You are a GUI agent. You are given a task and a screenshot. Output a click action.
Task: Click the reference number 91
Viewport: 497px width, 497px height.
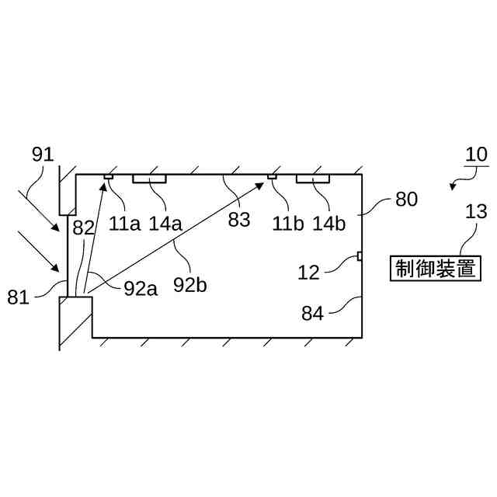(43, 154)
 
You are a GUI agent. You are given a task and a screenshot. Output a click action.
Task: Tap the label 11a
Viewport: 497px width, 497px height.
(124, 224)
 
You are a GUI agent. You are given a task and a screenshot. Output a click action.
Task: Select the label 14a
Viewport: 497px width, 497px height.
(165, 224)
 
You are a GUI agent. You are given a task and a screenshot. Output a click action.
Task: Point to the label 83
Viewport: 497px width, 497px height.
(239, 220)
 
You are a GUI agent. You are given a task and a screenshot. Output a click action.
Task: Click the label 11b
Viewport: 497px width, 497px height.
(288, 224)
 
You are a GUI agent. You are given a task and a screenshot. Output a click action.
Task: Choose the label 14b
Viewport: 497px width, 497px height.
(329, 224)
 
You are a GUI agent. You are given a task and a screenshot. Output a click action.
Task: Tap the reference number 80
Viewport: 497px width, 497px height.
(406, 199)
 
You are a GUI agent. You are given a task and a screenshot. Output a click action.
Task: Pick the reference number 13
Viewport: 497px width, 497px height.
(476, 210)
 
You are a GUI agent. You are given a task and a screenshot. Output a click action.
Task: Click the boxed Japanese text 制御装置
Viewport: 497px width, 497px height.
(434, 269)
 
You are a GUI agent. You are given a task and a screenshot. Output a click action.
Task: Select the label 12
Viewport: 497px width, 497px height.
(309, 271)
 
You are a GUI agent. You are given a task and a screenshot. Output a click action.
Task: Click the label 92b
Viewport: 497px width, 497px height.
(190, 285)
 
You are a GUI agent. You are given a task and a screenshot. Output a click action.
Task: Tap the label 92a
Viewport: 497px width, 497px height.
(141, 289)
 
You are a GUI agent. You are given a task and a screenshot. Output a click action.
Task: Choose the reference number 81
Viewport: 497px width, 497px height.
(19, 296)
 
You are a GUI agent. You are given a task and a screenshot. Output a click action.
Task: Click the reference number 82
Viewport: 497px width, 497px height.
(83, 228)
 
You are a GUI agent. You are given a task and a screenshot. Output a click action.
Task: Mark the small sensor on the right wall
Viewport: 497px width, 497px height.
(360, 256)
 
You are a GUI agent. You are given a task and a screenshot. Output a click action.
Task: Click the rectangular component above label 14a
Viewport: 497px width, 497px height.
(150, 179)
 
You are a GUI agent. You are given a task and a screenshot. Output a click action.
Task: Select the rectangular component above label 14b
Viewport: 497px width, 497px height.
(314, 179)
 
